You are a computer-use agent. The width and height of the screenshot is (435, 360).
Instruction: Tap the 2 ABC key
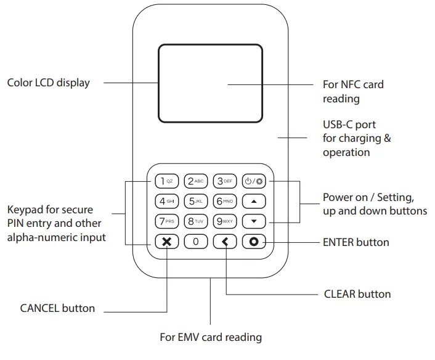tap(196, 181)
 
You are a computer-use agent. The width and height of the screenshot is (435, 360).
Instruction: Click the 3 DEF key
tap(225, 181)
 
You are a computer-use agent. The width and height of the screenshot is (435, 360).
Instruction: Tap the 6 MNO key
tap(225, 201)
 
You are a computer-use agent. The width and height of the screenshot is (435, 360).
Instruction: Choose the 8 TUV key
tap(196, 221)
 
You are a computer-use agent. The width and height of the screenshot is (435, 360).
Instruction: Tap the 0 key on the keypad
tap(196, 241)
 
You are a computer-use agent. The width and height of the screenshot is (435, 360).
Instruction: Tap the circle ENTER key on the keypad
tap(254, 241)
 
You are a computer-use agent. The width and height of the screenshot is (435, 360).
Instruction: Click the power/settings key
tap(254, 181)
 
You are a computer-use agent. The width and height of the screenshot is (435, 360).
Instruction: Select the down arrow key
tap(254, 221)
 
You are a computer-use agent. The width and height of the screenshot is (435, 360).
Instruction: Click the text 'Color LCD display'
tap(48, 83)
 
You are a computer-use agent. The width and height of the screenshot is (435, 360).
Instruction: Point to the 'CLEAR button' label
tap(357, 294)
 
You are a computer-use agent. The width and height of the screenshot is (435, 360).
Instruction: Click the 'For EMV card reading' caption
tap(211, 337)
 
